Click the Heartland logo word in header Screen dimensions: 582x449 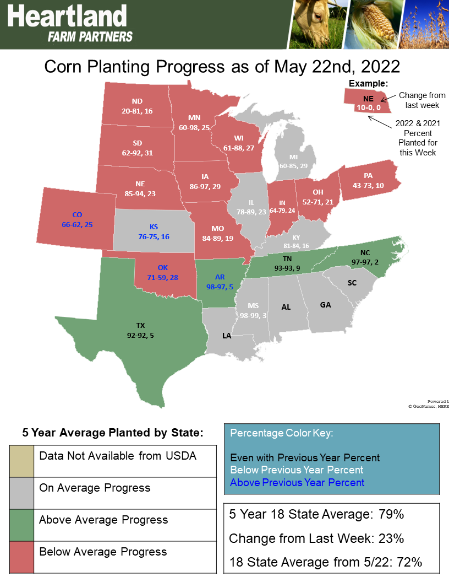coord(67,17)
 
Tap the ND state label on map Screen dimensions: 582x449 coord(137,101)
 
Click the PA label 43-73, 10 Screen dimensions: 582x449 coord(368,186)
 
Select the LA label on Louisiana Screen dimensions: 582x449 coord(227,335)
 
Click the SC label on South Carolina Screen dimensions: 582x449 coord(352,283)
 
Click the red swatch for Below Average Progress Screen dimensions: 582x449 coord(21,557)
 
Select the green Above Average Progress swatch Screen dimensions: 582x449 coord(21,525)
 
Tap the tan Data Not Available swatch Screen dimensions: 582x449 coord(21,461)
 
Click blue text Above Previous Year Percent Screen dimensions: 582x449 coord(297,482)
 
